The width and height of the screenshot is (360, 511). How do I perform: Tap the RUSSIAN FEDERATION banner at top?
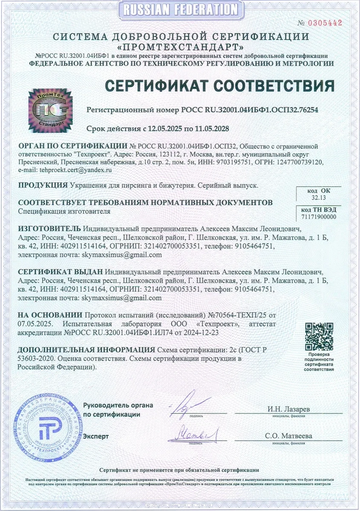coord(180,9)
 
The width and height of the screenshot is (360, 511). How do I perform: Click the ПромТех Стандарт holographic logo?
coord(47,110)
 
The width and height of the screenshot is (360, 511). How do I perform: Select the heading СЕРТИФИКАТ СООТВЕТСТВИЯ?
coord(219,86)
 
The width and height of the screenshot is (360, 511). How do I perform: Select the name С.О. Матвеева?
coord(288,436)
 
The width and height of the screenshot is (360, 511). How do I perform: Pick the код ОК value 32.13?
coord(318,198)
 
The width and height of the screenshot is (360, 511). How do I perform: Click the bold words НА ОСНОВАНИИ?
coord(50,316)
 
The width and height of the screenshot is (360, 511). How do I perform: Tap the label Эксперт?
coord(96,436)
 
